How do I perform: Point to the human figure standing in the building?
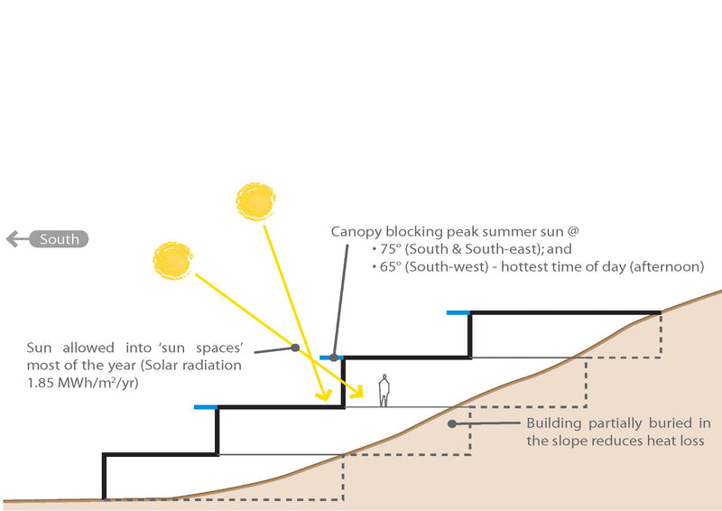point(384,390)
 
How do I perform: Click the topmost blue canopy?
point(458,312)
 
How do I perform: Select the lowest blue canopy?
point(206,407)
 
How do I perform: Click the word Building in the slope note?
point(554,423)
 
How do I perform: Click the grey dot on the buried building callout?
point(452,422)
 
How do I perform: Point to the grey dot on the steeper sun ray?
point(294,347)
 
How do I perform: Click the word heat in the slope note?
point(662,441)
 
